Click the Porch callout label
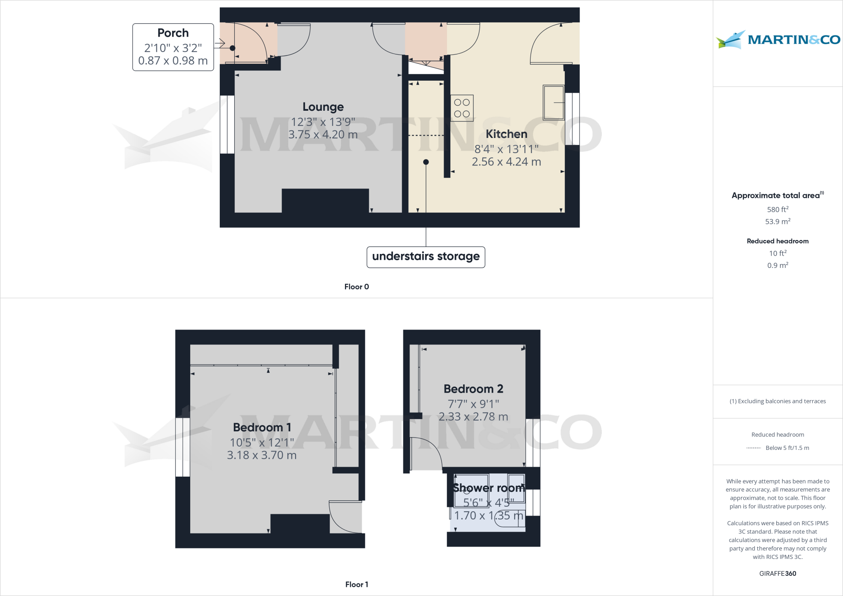point(173,47)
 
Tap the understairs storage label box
point(426,257)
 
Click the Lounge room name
point(323,107)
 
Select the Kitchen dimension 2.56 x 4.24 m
point(506,162)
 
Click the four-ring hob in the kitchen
point(462,108)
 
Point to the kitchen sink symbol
point(553,102)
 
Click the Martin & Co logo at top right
point(778,40)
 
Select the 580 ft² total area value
point(778,210)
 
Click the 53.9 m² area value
point(778,222)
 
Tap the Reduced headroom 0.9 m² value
point(778,265)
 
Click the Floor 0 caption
point(356,287)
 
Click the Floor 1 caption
point(356,584)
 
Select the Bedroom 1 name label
point(262,428)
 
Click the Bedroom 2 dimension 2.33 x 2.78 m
point(473,417)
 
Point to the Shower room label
point(488,488)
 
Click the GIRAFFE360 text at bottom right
point(778,573)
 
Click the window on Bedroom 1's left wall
point(183,447)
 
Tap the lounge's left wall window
point(227,124)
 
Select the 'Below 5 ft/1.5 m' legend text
point(787,448)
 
